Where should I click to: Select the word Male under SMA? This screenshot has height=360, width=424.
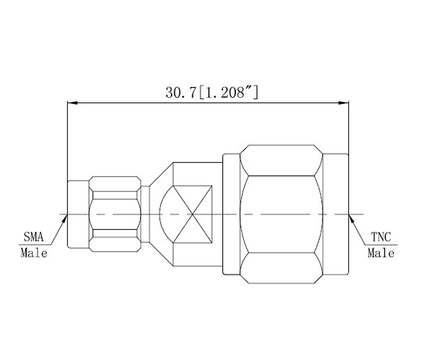click(x=34, y=253)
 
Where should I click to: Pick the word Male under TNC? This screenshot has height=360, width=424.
click(x=381, y=253)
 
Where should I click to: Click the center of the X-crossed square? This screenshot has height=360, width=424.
click(x=191, y=215)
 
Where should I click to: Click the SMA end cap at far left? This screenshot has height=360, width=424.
click(x=78, y=215)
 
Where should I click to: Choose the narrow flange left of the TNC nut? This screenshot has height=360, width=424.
click(x=231, y=215)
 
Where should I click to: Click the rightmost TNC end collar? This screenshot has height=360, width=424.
click(x=335, y=215)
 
